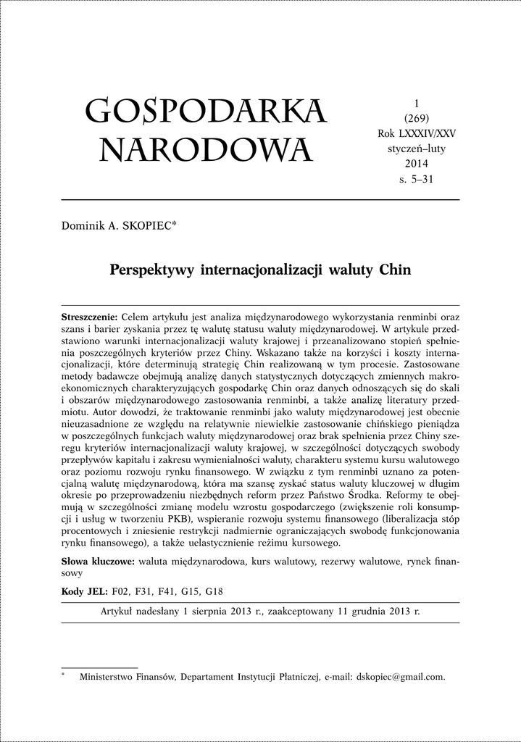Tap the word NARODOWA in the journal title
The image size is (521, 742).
pos(206,151)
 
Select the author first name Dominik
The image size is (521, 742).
pos(83,227)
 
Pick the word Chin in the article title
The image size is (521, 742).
pos(396,271)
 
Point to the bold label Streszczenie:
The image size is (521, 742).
pos(89,317)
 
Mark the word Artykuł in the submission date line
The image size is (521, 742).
pos(120,611)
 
